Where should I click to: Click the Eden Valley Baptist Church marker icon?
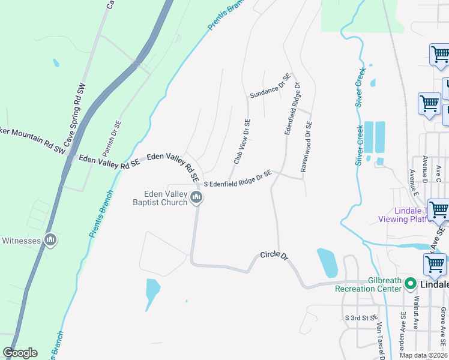point(196,197)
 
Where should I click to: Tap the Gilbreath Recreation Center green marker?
point(411,283)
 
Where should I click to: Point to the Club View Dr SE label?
point(242,142)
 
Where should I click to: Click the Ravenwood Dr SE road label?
point(306,147)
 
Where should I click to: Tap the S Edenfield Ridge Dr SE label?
point(238,179)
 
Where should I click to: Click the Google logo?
point(20,353)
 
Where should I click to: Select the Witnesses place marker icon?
point(50,241)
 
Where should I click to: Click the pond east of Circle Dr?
point(327,263)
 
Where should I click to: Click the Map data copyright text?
point(423,355)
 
